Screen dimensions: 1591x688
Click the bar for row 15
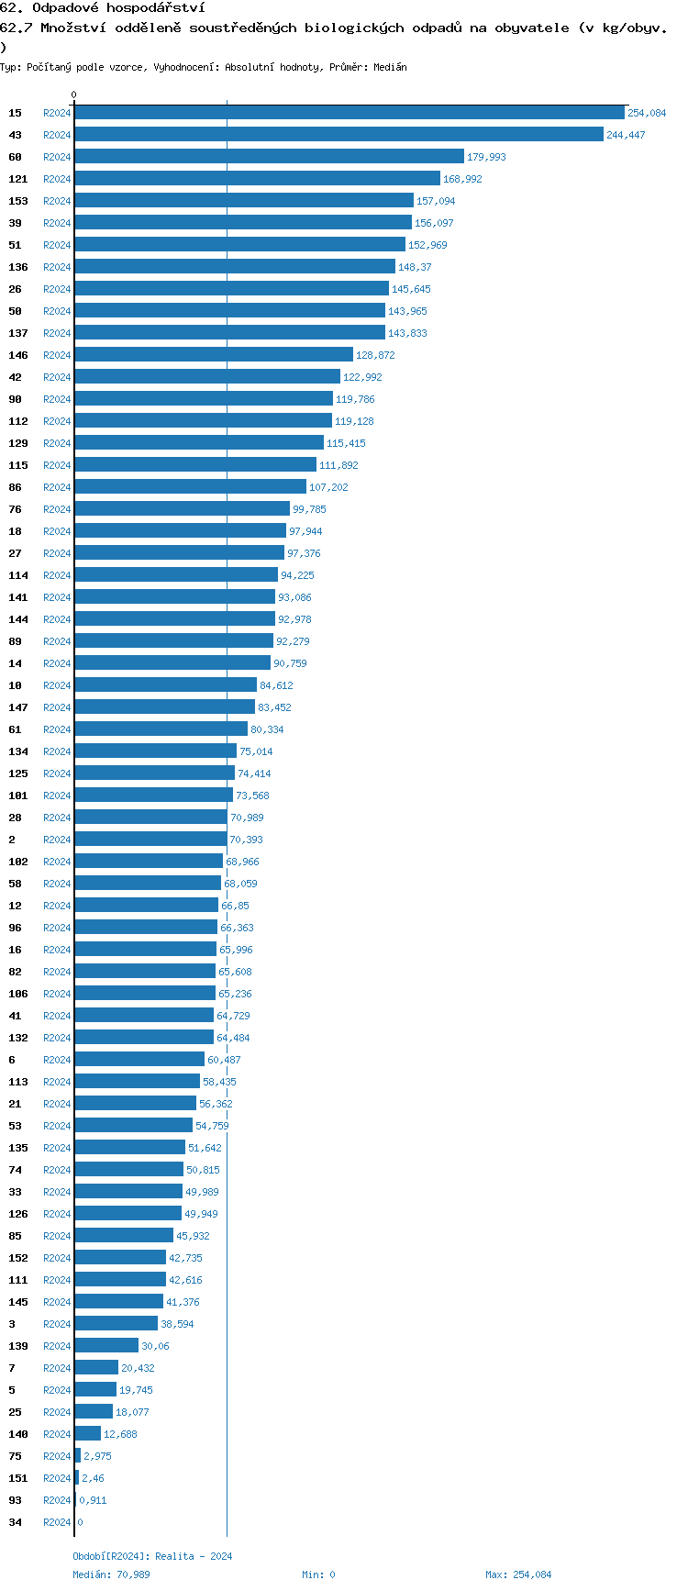click(349, 113)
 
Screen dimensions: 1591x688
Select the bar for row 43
click(338, 135)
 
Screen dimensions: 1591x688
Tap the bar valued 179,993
click(269, 157)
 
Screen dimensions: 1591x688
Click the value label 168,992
click(462, 179)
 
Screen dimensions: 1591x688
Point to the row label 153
click(18, 201)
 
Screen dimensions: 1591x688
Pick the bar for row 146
click(214, 355)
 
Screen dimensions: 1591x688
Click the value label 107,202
click(328, 487)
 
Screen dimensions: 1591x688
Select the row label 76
click(16, 509)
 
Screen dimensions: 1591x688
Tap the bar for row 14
click(172, 663)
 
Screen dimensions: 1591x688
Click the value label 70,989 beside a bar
click(247, 818)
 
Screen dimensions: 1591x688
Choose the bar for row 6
click(139, 1060)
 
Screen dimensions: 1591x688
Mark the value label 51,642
click(205, 1148)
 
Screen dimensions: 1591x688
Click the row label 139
click(18, 1346)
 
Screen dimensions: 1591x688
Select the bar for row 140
click(88, 1434)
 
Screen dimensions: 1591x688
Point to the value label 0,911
click(93, 1500)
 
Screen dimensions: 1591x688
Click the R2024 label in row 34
click(57, 1522)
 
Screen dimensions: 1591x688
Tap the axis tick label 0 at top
click(74, 95)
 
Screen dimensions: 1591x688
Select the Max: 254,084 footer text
click(518, 1574)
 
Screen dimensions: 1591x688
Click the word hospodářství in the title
click(155, 8)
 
